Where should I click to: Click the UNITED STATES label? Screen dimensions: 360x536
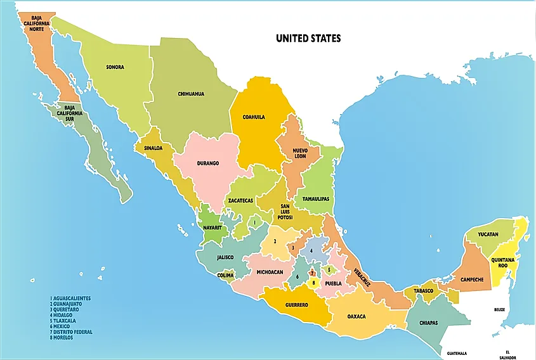[x=308, y=39]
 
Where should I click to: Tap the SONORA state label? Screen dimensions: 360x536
[x=115, y=67]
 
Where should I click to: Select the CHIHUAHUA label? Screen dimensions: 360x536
[x=191, y=94]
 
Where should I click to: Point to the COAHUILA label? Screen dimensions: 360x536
[x=254, y=117]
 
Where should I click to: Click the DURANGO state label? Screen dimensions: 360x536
[x=207, y=163]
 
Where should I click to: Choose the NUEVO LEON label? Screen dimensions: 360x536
[x=299, y=153]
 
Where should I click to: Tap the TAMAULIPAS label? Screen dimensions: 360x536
[x=315, y=198]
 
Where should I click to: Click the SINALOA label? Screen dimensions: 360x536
[x=153, y=148]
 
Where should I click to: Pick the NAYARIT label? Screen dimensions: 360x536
[x=212, y=227]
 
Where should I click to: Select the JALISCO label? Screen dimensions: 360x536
[x=225, y=257]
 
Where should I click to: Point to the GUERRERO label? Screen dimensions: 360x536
[x=296, y=305]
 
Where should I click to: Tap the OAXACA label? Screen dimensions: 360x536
[x=356, y=316]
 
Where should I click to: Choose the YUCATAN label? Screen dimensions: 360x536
[x=488, y=235]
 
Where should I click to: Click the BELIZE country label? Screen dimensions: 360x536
[x=500, y=310]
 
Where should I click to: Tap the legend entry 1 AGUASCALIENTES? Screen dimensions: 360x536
[x=70, y=298]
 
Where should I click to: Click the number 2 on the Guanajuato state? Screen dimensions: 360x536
[x=275, y=241]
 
